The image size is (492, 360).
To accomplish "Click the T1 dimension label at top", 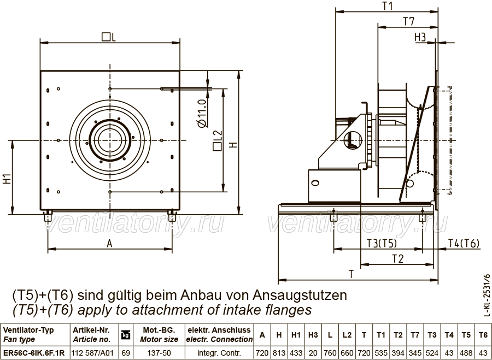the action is [x=388, y=5].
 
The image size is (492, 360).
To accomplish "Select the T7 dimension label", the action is [x=409, y=21].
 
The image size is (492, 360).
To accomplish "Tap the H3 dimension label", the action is [x=420, y=37].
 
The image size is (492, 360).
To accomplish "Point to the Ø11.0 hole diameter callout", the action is [x=202, y=113].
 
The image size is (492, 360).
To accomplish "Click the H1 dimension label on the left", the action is [x=7, y=179].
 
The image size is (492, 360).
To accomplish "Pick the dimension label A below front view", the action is [x=109, y=243].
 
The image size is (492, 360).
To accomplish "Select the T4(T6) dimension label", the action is [x=464, y=243].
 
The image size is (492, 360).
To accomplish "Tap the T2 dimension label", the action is [x=397, y=259].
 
